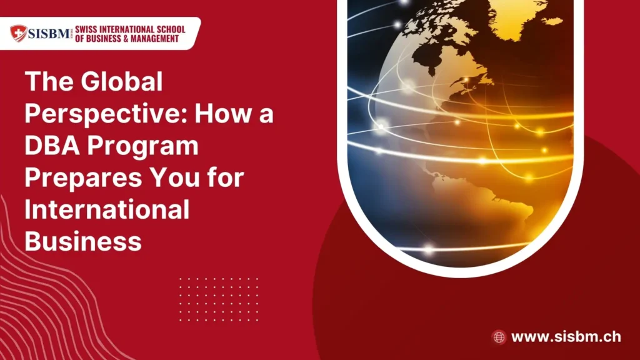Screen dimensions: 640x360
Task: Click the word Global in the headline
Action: coord(122,81)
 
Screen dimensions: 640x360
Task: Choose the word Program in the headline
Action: coord(143,147)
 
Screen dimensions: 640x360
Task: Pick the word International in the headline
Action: coord(107,209)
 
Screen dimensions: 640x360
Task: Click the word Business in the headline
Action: coord(83,241)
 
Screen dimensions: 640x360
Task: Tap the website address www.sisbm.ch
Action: coord(566,337)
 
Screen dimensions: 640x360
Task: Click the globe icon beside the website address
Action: coord(499,337)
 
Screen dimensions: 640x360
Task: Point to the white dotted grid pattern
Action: coord(219,299)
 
